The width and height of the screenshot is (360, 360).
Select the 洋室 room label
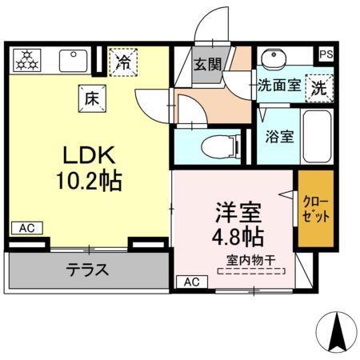point(237,212)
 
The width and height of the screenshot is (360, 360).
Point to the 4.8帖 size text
point(237,238)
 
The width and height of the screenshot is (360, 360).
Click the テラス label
point(87,270)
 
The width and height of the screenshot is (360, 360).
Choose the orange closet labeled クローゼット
point(314,208)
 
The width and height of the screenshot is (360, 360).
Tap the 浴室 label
point(278,136)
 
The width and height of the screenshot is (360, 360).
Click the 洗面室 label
point(278,86)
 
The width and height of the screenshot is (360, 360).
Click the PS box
point(325,54)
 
